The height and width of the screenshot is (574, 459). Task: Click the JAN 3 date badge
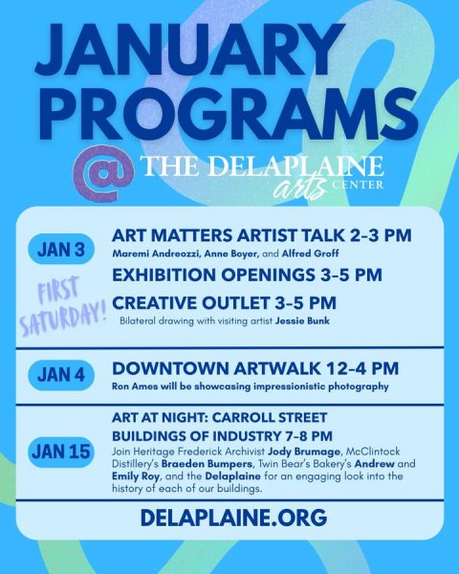[61, 251]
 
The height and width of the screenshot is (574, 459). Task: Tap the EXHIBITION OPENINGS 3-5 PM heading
[247, 275]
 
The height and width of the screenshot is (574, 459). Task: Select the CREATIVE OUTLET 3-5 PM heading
[224, 302]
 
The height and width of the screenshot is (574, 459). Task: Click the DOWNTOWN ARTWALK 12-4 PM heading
[255, 367]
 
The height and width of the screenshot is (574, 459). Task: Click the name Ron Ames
[132, 386]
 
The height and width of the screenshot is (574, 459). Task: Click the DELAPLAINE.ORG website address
[233, 518]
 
